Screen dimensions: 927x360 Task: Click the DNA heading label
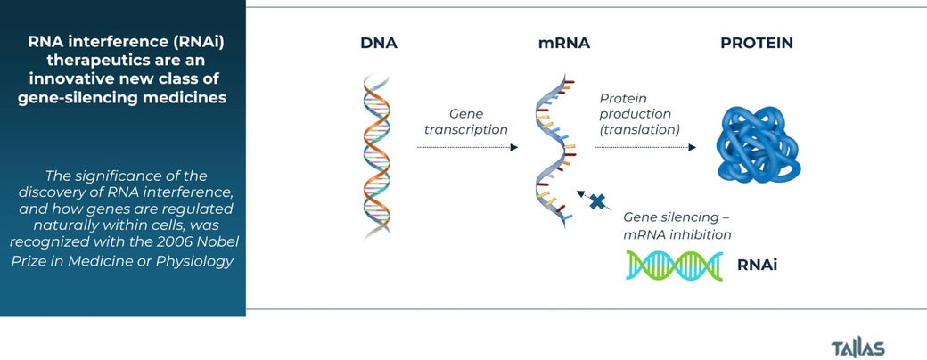coord(378,43)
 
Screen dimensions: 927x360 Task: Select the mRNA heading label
coord(563,43)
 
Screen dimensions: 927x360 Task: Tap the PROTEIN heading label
coord(757,43)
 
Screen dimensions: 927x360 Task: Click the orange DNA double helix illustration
coord(376,157)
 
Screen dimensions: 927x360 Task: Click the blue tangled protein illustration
coord(759,145)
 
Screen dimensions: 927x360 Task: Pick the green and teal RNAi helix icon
coord(675,266)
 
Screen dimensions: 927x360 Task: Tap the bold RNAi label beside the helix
coord(757,266)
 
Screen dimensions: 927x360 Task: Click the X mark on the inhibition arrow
coord(598,202)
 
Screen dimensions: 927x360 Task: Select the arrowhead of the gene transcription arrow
coord(513,147)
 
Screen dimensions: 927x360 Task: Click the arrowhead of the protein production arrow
coord(692,147)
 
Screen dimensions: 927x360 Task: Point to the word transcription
coord(466,129)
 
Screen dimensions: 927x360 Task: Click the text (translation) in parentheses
coord(640,129)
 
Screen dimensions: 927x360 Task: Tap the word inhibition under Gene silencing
coord(699,234)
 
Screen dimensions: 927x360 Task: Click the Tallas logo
coord(857,348)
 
